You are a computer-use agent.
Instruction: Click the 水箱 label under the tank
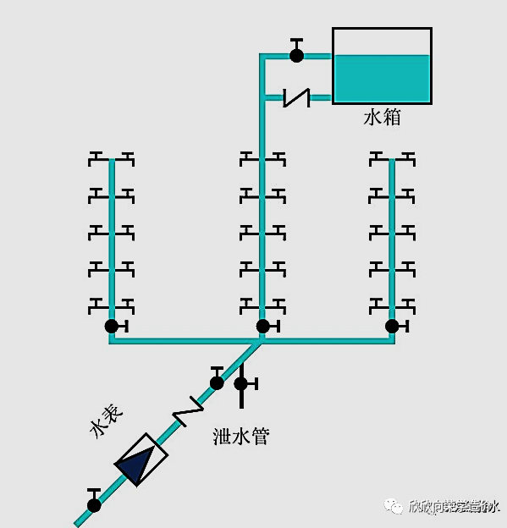(382, 118)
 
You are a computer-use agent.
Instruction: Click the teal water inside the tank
(382, 78)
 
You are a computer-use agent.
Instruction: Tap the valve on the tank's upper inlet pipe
(296, 54)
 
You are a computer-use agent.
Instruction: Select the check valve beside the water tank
(296, 98)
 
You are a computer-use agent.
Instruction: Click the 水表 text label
(107, 421)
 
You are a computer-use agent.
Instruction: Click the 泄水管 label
(241, 437)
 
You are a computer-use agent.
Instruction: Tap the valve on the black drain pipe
(241, 383)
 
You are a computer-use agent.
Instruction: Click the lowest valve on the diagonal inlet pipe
(94, 504)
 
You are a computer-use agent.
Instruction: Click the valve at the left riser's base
(112, 326)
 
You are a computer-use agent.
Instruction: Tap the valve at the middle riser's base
(263, 326)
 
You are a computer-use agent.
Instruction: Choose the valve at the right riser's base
(392, 326)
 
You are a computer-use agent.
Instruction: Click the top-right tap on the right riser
(407, 158)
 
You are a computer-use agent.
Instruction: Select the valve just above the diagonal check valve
(218, 382)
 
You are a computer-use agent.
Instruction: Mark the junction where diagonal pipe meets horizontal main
(262, 340)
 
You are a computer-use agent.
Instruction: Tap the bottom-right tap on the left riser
(127, 303)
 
